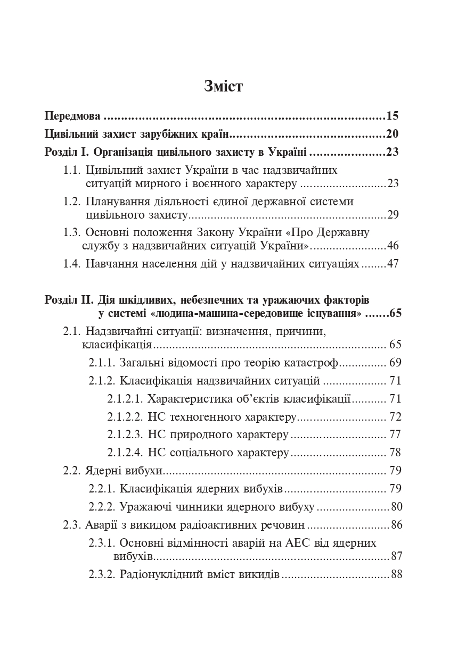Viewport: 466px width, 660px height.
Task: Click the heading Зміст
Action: coord(224,86)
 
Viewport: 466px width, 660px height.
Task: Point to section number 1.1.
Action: coord(72,170)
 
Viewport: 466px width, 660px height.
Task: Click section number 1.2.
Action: coord(72,202)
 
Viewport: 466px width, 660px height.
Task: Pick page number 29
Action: coord(393,215)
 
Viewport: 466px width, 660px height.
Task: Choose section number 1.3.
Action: coord(72,232)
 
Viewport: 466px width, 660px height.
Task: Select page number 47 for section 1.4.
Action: coord(393,264)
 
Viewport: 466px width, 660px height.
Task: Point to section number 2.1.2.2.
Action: coord(125,417)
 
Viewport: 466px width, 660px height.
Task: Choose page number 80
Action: coord(396,506)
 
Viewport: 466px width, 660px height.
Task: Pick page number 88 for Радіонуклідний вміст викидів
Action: coord(396,574)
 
